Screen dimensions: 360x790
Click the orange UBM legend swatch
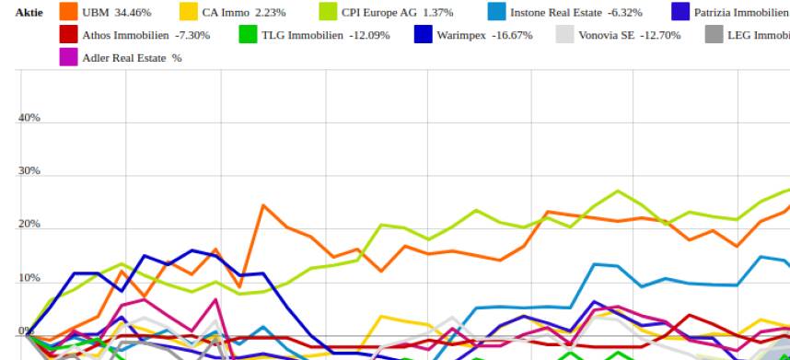click(67, 12)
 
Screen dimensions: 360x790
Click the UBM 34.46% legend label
click(116, 13)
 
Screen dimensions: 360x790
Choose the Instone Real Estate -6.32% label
click(576, 13)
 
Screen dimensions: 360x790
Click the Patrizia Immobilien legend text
click(741, 13)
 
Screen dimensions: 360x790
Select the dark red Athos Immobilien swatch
click(67, 35)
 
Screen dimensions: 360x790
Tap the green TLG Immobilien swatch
click(248, 35)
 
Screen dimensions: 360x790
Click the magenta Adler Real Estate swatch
click(67, 57)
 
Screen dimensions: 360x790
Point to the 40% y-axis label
click(29, 118)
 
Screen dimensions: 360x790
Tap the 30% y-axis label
click(29, 171)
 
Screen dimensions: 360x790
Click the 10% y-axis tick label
click(29, 278)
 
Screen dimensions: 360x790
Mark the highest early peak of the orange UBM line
click(263, 205)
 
